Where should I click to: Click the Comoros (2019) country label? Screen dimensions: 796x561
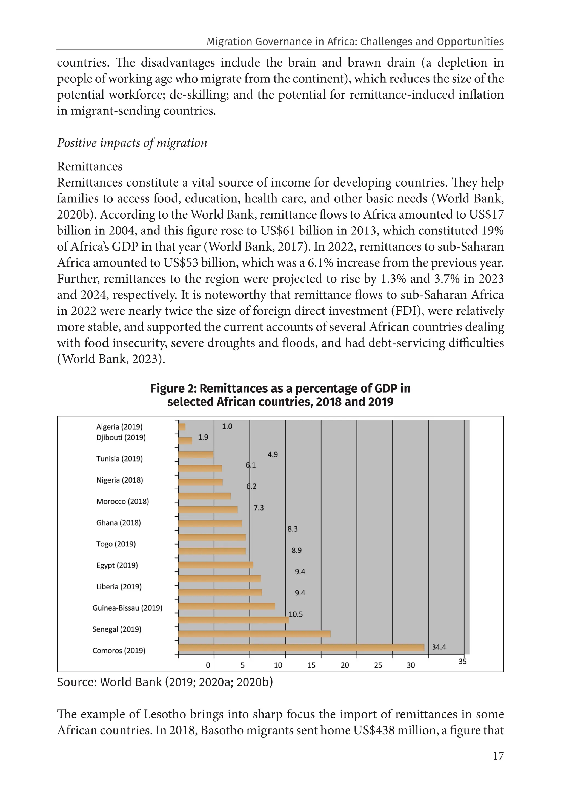[x=119, y=650]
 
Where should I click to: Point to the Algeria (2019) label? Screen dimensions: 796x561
[x=119, y=426]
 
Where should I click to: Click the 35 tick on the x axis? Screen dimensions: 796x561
[x=463, y=662]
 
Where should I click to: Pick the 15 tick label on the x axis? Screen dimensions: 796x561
[x=311, y=665]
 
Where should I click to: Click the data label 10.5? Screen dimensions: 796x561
[x=296, y=614]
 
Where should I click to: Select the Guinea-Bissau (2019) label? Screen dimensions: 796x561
[x=127, y=608]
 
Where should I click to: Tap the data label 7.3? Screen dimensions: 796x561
[x=259, y=508]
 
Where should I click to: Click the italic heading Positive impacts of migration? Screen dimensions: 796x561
[x=132, y=143]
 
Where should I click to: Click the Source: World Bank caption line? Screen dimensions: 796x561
[x=165, y=682]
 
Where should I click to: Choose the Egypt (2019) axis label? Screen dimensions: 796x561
[x=117, y=565]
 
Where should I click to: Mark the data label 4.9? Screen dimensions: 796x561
[x=273, y=454]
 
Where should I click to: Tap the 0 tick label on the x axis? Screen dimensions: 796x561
[x=208, y=665]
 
